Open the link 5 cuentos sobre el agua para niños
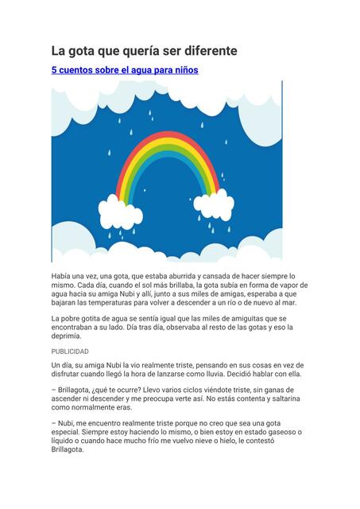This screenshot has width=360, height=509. [x=125, y=71]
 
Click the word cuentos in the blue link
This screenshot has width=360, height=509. [x=79, y=71]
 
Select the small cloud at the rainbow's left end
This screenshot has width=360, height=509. [x=120, y=212]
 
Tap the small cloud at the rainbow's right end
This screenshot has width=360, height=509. [x=214, y=205]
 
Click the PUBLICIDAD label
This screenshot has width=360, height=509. [x=70, y=352]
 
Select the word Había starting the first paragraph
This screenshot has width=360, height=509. [x=63, y=275]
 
